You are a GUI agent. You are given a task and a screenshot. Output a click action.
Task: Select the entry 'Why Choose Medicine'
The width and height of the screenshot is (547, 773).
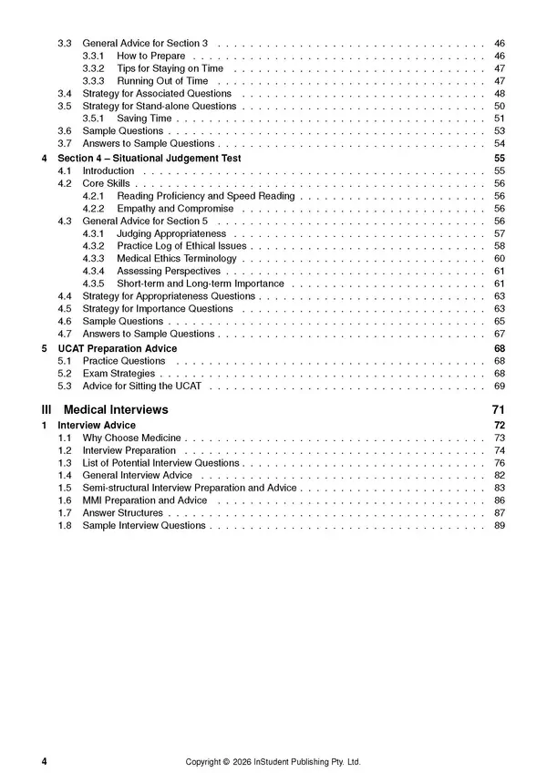point(131,438)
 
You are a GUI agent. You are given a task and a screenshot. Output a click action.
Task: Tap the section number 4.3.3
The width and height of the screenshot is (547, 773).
point(93,259)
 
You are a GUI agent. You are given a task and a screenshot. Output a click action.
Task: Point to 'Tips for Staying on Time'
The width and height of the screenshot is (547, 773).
point(170,68)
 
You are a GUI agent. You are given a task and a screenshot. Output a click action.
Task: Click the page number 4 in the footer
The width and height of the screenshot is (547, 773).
point(44,762)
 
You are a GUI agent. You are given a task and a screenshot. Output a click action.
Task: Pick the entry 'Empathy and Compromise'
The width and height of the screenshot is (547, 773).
point(175,209)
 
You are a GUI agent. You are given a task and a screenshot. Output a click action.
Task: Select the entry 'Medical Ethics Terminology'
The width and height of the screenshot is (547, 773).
point(177,259)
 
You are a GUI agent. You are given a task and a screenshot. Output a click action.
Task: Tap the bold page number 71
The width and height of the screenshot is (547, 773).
point(498,410)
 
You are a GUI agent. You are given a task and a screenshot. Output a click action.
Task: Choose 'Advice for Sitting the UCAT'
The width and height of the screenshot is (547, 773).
point(142,386)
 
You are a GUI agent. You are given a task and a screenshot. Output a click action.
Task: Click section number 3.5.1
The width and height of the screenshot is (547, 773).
point(93,119)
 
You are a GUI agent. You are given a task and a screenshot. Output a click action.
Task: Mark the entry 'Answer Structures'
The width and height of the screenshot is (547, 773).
point(122,513)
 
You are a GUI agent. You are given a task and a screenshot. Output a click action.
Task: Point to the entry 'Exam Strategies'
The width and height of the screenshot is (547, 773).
point(119,374)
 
